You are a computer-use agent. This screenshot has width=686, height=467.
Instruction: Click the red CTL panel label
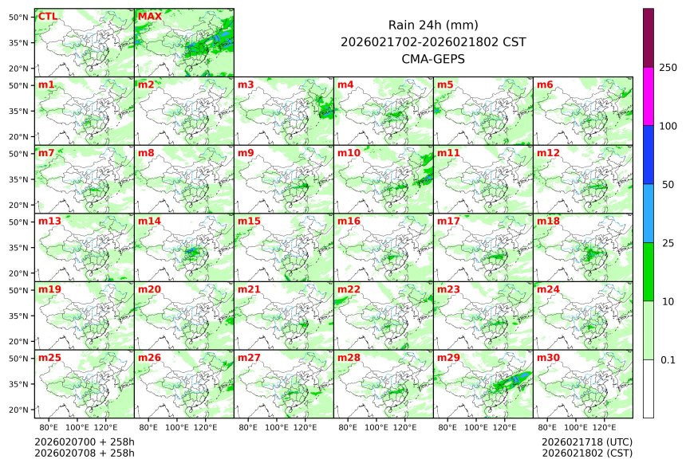48,16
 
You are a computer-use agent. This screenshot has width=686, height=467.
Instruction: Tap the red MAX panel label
149,16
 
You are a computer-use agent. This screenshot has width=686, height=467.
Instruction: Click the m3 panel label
246,84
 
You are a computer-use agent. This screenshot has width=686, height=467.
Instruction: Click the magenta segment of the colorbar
649,96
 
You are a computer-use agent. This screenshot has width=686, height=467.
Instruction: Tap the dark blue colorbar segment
649,155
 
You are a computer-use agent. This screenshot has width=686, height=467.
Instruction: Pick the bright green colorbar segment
649,272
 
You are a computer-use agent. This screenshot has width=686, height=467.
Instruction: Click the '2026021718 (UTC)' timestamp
587,441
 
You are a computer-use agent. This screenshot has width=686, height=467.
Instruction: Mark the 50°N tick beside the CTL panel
19,17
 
